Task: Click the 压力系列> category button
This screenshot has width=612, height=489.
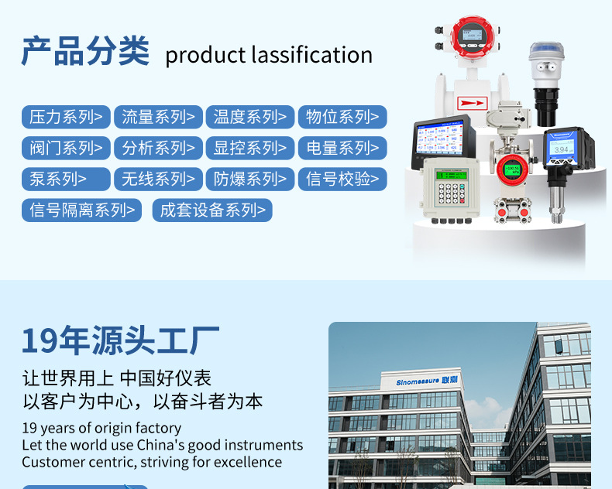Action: coord(66,117)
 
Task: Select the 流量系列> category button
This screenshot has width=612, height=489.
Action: coord(158,117)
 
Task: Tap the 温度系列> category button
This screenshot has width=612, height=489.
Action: coord(249,117)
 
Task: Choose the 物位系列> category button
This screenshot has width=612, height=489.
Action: coord(342,117)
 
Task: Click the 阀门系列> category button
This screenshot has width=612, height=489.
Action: coord(66,148)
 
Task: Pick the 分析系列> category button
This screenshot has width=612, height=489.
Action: coord(158,148)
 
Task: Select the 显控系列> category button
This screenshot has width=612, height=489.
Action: coord(249,148)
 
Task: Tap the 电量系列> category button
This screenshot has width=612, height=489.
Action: coord(342,148)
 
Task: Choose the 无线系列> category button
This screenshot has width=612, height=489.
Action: coord(158,179)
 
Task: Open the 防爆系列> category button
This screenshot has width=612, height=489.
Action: coord(249,179)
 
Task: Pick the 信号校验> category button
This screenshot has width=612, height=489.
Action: coord(342,179)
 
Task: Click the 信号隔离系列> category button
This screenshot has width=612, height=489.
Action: coord(81,210)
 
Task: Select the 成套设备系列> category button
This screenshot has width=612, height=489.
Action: coord(212,210)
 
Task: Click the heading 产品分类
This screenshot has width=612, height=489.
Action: coord(84,51)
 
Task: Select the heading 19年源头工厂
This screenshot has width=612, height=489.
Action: coord(120,340)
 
